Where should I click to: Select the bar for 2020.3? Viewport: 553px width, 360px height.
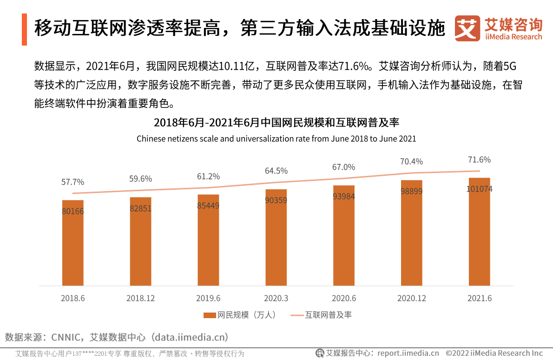point(276,242)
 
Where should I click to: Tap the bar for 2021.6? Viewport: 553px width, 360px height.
point(479,237)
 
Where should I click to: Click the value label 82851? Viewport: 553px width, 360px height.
point(141,208)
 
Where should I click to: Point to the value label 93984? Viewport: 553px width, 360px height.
point(344,196)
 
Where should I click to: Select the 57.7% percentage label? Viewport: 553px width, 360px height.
point(73,182)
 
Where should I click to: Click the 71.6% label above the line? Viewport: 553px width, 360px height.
point(479,160)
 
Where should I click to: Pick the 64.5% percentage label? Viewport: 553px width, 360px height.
point(276,171)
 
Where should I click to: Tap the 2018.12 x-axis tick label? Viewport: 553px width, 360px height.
point(140,298)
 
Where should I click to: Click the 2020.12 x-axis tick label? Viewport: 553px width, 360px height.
point(411,298)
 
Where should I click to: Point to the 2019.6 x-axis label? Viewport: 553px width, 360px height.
point(208,298)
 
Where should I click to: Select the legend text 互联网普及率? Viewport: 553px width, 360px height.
point(328,315)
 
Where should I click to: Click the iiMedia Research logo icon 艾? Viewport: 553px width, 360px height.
point(467,28)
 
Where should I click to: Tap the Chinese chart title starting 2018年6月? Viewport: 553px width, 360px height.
point(276,123)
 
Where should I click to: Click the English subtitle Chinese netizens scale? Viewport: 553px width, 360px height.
point(276,139)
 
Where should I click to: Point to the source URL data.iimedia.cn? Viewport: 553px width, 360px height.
point(191,337)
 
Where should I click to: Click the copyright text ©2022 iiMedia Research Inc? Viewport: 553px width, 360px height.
point(494,353)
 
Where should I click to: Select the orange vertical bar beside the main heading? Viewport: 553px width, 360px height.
point(24,29)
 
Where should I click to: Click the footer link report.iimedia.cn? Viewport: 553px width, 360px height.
point(408,353)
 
